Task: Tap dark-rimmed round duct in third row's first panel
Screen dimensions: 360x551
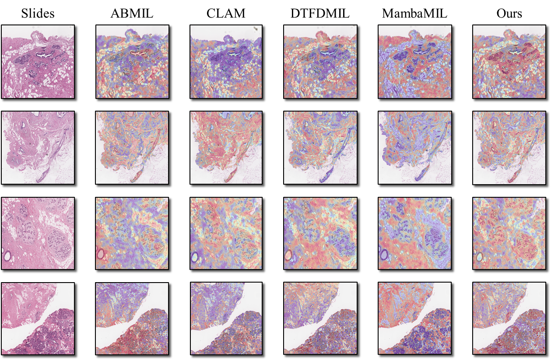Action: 8,254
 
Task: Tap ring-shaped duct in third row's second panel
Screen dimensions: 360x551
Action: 102,254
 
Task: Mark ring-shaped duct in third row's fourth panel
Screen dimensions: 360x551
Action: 290,254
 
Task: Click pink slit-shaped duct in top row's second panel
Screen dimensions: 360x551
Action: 139,56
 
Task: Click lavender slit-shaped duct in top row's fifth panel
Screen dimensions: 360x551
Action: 421,56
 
